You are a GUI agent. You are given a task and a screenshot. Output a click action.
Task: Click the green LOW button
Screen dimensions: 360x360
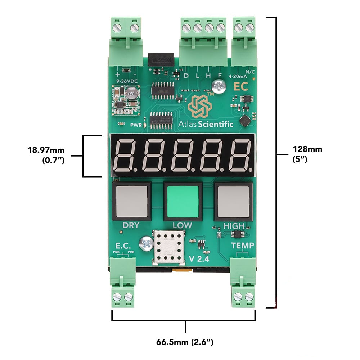click(x=183, y=202)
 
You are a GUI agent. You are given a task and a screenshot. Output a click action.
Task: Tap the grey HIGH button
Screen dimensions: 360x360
click(x=234, y=202)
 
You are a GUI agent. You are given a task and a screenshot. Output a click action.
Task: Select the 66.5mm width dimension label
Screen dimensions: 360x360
click(x=185, y=342)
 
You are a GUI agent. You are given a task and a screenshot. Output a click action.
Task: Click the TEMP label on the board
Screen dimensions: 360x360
click(x=242, y=246)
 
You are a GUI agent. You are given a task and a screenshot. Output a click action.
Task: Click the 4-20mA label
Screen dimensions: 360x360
click(x=238, y=76)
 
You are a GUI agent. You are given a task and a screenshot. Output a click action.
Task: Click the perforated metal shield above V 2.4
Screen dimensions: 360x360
click(x=168, y=247)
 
